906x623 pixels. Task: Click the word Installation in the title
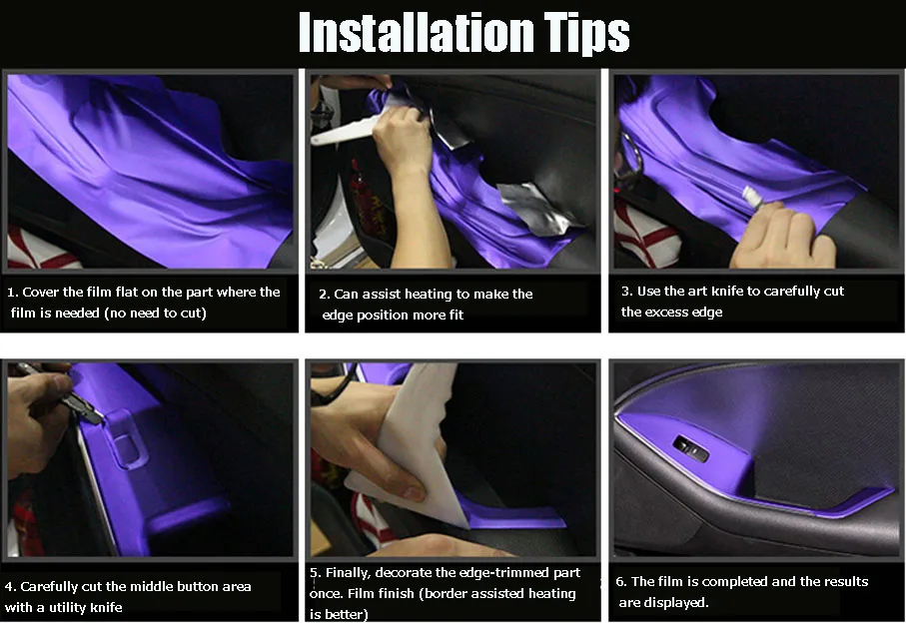point(416,32)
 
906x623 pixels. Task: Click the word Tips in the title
point(586,35)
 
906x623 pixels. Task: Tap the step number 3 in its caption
point(626,291)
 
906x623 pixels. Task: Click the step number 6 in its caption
point(621,582)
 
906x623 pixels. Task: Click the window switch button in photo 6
point(690,448)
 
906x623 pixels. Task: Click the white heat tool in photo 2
point(345,130)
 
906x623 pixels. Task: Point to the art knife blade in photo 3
point(750,197)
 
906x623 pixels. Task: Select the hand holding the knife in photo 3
point(783,237)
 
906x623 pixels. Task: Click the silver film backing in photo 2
point(538,208)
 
